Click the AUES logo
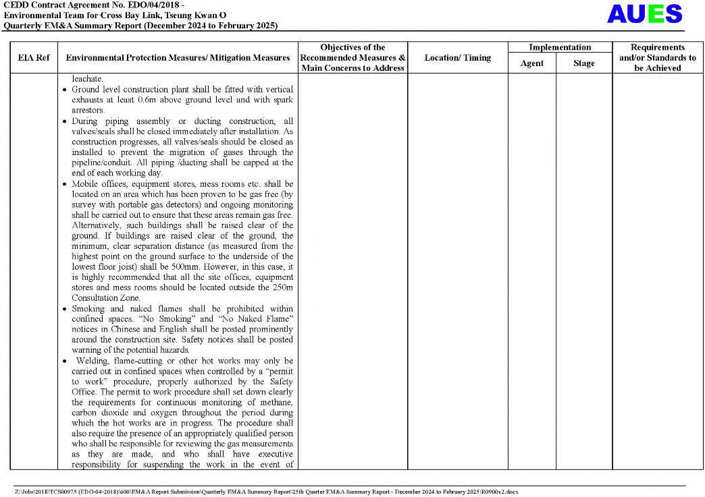644,14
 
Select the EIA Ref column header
34,58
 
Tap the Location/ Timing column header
457,58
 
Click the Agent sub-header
531,63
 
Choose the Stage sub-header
583,63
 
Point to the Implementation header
560,47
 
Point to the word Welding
92,361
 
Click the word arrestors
88,110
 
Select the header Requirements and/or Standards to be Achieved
657,58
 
